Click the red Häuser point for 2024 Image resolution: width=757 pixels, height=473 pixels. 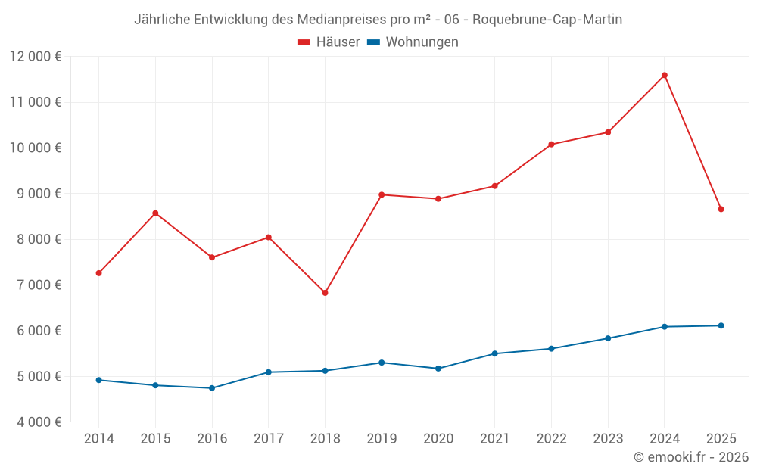[x=664, y=76]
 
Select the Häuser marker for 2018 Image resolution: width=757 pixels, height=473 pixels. [x=325, y=293]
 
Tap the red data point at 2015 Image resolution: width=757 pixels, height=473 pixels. [x=155, y=213]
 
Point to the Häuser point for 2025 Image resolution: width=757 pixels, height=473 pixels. [x=721, y=209]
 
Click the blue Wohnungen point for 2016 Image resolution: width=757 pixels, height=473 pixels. [x=212, y=388]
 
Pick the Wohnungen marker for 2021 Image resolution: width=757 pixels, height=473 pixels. [x=494, y=353]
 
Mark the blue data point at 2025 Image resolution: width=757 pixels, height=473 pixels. [x=721, y=325]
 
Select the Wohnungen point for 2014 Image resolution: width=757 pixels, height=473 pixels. [x=99, y=380]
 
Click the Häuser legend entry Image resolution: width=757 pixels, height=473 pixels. [x=329, y=42]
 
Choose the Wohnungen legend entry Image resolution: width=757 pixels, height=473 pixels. [x=413, y=42]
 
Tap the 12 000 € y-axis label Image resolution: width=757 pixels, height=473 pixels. [x=36, y=56]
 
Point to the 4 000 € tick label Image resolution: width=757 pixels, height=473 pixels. [x=36, y=422]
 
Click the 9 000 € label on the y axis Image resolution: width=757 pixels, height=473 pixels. [x=36, y=193]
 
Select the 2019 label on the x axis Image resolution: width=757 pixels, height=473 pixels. [x=382, y=438]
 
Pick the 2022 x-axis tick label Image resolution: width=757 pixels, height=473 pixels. [x=551, y=438]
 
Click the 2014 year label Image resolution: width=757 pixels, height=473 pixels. [x=99, y=438]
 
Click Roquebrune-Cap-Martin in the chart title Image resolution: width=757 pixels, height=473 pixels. [x=553, y=20]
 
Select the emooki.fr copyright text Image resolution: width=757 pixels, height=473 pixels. [x=690, y=457]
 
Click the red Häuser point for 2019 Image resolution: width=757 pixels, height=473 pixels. [x=382, y=194]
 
